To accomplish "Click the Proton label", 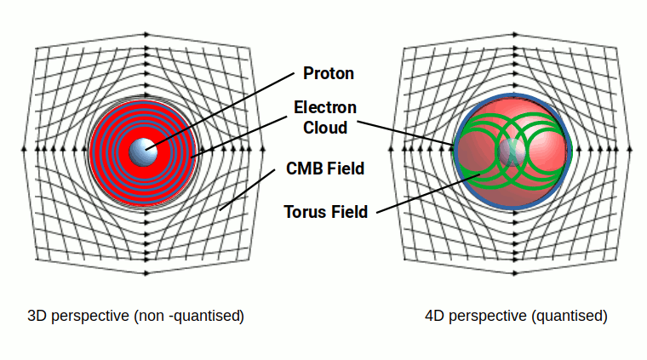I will coord(328,73).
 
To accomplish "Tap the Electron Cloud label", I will coord(325,117).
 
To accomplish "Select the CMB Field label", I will coord(325,169).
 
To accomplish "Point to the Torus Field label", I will coord(327,212).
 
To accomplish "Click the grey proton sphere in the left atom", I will coord(145,151).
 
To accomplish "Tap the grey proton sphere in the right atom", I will coord(512,151).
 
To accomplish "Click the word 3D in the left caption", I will coord(37,316).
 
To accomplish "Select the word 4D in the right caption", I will coord(435,316).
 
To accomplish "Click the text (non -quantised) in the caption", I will coord(188,316).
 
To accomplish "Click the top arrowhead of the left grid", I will coord(146,34).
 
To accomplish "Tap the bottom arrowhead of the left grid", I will coord(146,273).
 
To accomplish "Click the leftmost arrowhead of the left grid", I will coord(24,150).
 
